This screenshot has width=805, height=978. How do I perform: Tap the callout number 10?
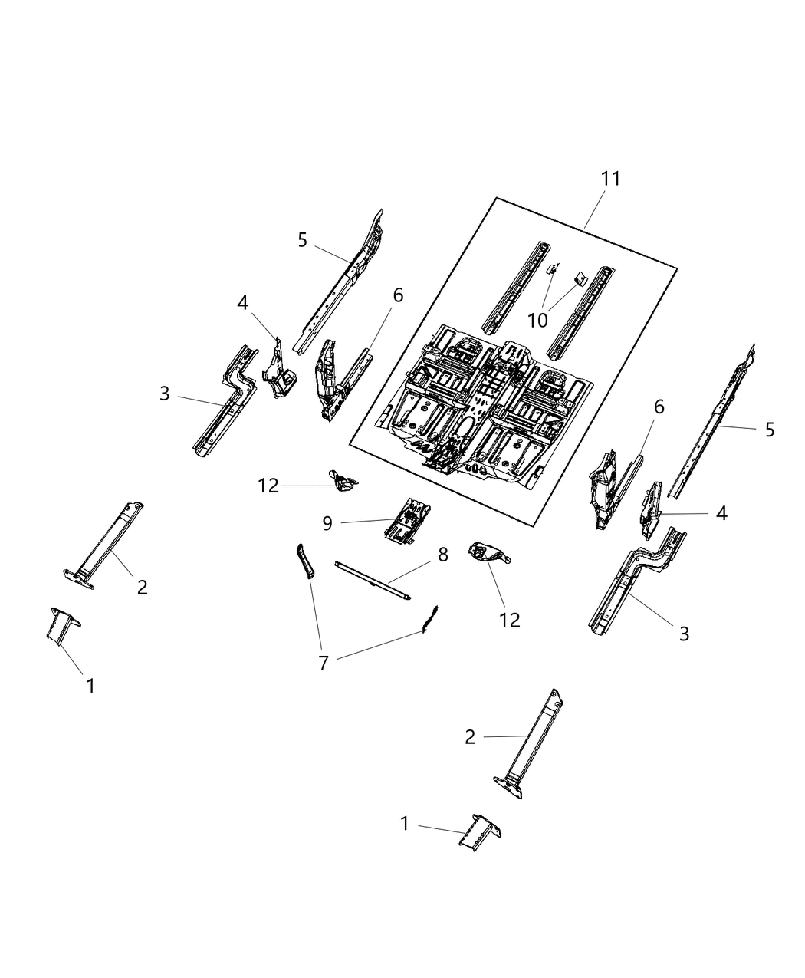(538, 321)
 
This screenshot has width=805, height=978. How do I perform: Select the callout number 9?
(327, 523)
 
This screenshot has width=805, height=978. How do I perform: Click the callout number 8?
(443, 555)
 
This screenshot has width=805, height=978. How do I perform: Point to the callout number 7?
(323, 664)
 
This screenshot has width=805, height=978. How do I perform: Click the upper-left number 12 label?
(268, 486)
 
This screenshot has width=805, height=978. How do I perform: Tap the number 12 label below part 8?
(509, 620)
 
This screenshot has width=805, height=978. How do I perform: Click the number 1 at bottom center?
(405, 824)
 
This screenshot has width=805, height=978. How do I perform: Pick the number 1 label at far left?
(90, 686)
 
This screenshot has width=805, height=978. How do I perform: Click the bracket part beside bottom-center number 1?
(478, 831)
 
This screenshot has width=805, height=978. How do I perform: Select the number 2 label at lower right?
(470, 737)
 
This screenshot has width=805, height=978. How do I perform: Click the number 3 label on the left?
(165, 394)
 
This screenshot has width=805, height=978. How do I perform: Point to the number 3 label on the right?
(684, 634)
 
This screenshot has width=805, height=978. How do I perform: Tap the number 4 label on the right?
(721, 513)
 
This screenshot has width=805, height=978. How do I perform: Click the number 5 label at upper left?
(303, 240)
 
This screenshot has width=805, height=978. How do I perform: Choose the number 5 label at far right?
(770, 430)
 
